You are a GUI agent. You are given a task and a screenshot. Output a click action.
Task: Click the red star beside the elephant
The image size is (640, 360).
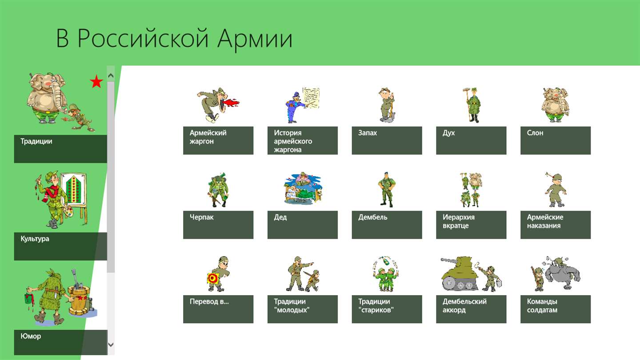pos(96,81)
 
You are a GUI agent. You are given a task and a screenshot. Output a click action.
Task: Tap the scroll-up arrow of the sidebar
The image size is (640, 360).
pos(111,76)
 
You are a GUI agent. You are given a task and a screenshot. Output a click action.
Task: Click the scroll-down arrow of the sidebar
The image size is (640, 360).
pos(111,344)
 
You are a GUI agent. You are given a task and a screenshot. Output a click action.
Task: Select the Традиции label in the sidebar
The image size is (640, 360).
pos(36,141)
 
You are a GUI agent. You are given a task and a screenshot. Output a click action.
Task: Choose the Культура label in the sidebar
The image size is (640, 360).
pos(35,239)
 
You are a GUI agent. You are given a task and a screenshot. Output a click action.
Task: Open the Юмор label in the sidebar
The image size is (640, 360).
pos(31,336)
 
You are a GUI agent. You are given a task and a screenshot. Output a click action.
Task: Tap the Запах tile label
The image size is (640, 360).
pos(368,133)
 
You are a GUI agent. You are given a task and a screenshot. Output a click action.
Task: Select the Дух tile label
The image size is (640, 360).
pos(448,133)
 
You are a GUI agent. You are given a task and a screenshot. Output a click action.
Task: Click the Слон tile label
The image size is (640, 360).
pos(535,133)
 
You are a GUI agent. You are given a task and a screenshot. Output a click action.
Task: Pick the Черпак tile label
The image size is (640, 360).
pos(201,217)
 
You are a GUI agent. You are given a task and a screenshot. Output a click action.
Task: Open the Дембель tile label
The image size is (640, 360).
pos(373,217)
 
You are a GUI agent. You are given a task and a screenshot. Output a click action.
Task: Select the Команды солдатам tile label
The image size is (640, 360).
pos(542,306)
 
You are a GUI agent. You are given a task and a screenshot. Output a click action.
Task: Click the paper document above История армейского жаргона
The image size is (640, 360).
pos(311,98)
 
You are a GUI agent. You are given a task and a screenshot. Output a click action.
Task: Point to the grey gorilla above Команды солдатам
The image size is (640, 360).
pos(561,273)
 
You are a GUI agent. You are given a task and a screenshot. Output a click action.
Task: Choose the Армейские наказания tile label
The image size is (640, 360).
pos(545,221)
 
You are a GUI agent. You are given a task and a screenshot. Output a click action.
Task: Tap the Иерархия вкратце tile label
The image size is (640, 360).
pos(459,221)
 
